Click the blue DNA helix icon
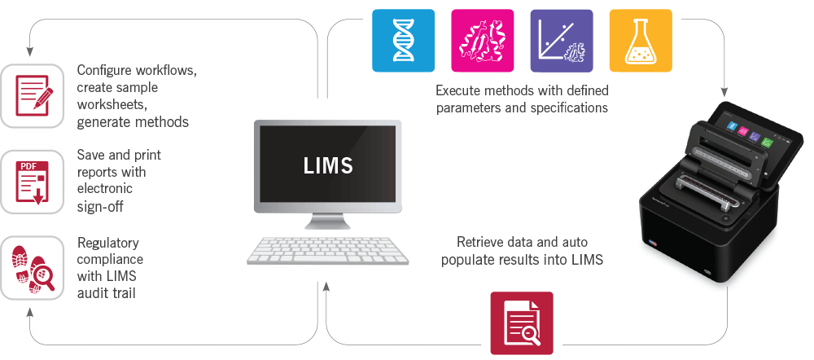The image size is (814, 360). (x=404, y=41)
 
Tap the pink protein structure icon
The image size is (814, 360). (x=482, y=41)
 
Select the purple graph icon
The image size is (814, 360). (x=562, y=41)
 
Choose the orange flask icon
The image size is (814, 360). (x=641, y=41)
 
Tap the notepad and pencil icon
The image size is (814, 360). (x=32, y=96)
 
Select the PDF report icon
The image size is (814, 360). (x=32, y=182)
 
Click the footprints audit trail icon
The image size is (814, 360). (x=32, y=267)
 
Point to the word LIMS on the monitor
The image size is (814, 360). (x=328, y=165)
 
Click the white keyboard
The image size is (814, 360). (x=327, y=250)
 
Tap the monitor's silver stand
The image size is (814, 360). (x=327, y=222)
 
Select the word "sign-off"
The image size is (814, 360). (x=100, y=206)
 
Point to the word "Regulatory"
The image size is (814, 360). (x=108, y=243)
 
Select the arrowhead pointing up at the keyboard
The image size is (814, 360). (x=326, y=287)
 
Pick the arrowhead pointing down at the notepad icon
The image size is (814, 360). (x=29, y=51)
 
